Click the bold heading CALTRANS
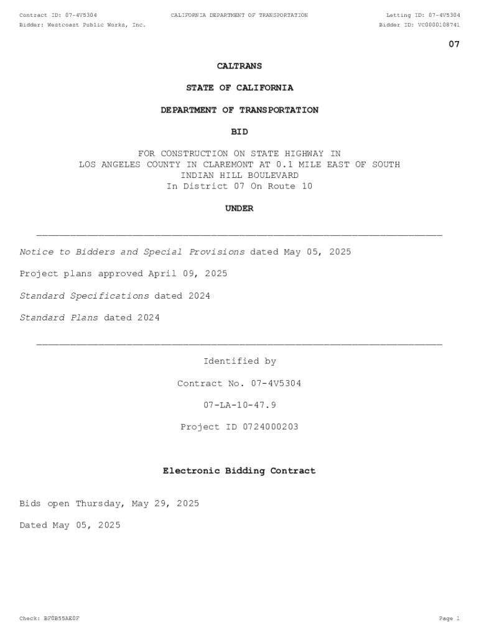pyautogui.click(x=239, y=66)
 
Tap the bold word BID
pyautogui.click(x=239, y=132)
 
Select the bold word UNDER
pyautogui.click(x=239, y=208)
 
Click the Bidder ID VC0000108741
pyautogui.click(x=439, y=25)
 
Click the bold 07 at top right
pyautogui.click(x=454, y=44)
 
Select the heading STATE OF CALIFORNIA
pyautogui.click(x=239, y=88)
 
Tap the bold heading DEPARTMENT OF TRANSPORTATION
pyautogui.click(x=239, y=110)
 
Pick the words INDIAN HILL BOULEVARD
pyautogui.click(x=239, y=175)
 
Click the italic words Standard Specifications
pyautogui.click(x=85, y=296)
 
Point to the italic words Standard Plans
pyautogui.click(x=59, y=318)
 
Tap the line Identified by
pyautogui.click(x=239, y=361)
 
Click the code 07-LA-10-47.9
pyautogui.click(x=239, y=405)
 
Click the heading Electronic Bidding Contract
pyautogui.click(x=239, y=471)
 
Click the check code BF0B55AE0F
pyautogui.click(x=61, y=618)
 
